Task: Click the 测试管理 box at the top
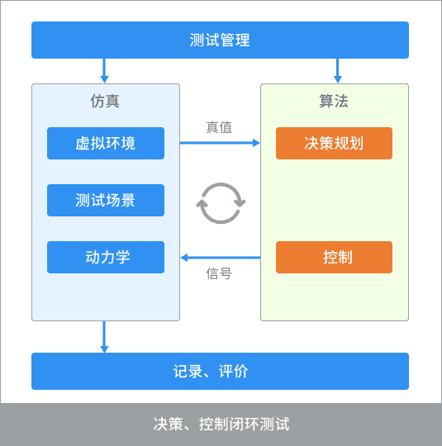[x=220, y=40]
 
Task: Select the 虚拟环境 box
[x=106, y=143]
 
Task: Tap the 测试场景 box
[x=106, y=200]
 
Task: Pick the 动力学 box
[x=106, y=257]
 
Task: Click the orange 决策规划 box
[x=334, y=143]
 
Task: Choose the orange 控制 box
[x=334, y=257]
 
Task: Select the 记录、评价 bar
[x=220, y=371]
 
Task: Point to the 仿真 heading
[x=105, y=102]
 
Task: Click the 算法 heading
[x=334, y=102]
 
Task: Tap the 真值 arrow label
[x=219, y=127]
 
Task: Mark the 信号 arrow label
[x=219, y=273]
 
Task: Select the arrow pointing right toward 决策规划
[x=220, y=143]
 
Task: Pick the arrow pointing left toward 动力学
[x=221, y=258]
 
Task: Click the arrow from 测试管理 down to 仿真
[x=104, y=71]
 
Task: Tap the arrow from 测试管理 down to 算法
[x=338, y=71]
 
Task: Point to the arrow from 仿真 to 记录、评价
[x=104, y=337]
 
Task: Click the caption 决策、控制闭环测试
[x=221, y=424]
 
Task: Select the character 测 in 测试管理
[x=197, y=40]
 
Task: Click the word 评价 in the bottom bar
[x=233, y=371]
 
